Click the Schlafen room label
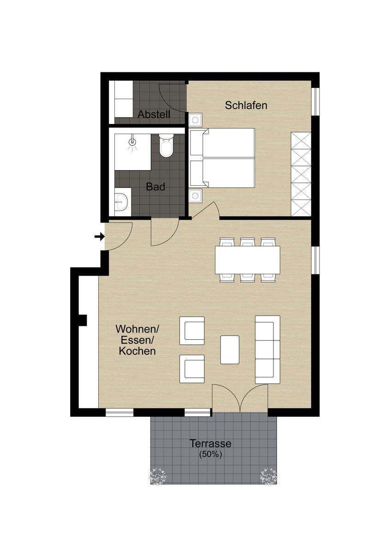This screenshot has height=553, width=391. click(x=246, y=106)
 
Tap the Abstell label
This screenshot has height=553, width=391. click(x=154, y=114)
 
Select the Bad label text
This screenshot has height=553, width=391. click(x=155, y=187)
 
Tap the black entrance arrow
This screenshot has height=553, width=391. click(x=100, y=237)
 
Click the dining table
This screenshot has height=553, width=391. click(x=248, y=260)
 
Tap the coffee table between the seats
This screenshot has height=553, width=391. click(x=230, y=350)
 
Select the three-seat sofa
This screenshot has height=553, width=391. click(x=267, y=350)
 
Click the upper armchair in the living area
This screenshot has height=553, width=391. click(x=192, y=330)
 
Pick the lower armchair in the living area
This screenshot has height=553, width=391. click(x=192, y=369)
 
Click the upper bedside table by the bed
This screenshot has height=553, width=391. click(x=195, y=120)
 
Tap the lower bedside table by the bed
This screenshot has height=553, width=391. click(x=195, y=196)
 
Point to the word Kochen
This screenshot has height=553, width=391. click(x=137, y=351)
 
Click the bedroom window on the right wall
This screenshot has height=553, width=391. click(x=315, y=101)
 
